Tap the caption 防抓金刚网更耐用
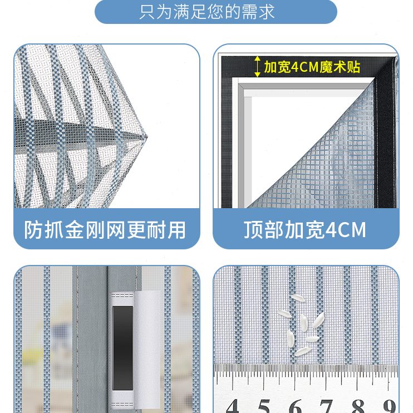click(106, 229)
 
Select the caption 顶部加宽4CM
click(305, 229)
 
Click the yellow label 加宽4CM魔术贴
click(312, 67)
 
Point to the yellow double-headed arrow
click(257, 66)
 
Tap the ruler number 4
click(233, 405)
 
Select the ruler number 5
click(264, 405)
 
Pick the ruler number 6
click(296, 405)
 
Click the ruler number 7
click(327, 405)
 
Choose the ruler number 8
click(358, 405)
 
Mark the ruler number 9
click(389, 405)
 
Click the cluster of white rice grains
click(301, 332)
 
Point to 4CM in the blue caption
click(346, 229)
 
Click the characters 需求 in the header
click(260, 11)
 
